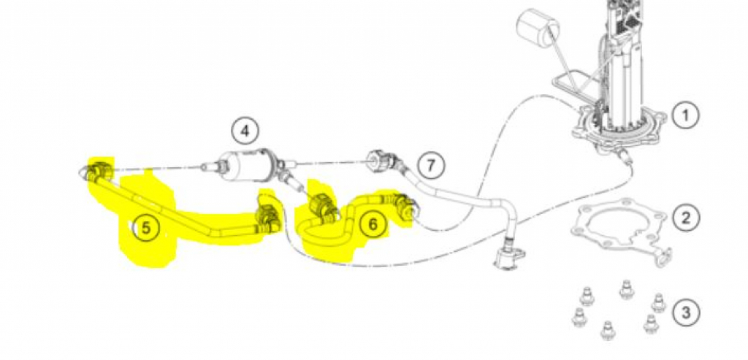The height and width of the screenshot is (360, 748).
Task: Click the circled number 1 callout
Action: (x=685, y=115)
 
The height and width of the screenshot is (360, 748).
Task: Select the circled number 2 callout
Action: (x=685, y=218)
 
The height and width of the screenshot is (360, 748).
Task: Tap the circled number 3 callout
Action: (x=685, y=313)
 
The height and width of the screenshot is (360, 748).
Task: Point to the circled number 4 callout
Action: (x=245, y=131)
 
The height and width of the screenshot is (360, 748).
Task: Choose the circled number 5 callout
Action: (x=146, y=229)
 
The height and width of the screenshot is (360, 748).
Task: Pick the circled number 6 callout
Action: (x=373, y=223)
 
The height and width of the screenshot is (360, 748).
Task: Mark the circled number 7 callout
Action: (x=431, y=166)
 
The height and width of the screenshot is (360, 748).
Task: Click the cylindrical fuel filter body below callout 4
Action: (x=248, y=164)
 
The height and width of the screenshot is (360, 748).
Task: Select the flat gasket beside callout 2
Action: (x=622, y=233)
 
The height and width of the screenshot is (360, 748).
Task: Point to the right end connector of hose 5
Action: (x=267, y=220)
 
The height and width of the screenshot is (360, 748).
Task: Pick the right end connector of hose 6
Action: (x=405, y=206)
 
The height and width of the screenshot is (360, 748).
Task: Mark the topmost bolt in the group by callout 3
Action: (x=625, y=290)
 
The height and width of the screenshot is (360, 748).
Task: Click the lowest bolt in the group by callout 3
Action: (x=607, y=330)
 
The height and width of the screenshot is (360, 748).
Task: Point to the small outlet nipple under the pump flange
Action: (x=623, y=155)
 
